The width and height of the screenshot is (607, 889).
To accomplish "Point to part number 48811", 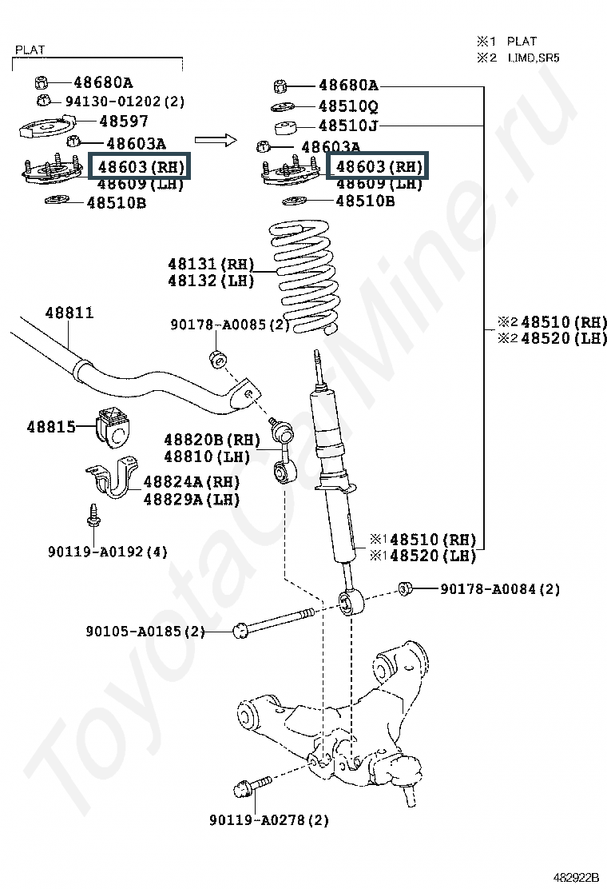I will point(69,313).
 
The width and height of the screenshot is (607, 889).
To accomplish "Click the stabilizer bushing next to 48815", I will point(113,425).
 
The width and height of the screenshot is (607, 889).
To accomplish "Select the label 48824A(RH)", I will point(192,482).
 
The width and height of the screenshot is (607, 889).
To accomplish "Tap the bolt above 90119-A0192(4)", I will point(92,516).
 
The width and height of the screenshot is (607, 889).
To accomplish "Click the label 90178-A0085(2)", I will point(230,325).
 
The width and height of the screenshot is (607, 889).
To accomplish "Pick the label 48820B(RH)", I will point(212,440).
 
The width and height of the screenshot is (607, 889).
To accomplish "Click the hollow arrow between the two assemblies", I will point(216,140).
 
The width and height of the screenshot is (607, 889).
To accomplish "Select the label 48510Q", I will point(348,106).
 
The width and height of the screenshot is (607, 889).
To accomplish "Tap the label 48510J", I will point(348,126).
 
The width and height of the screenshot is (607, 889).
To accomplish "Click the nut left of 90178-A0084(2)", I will point(405,589).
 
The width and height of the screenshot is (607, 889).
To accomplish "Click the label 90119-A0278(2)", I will point(269,819).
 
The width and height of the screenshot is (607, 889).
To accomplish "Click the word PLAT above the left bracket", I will point(30,50).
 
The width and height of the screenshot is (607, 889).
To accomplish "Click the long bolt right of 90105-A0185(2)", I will point(276,622).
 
